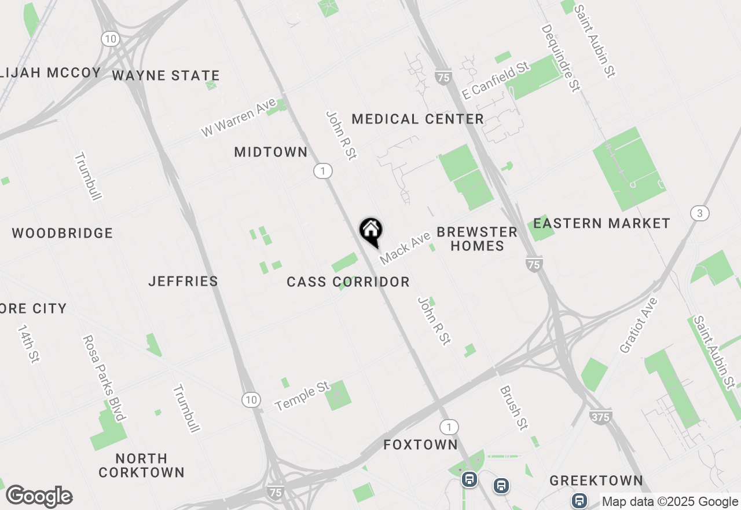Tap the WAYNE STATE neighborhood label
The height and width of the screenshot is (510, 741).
click(166, 75)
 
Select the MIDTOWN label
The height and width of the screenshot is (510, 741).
click(271, 152)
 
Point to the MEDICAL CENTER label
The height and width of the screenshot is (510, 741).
click(417, 119)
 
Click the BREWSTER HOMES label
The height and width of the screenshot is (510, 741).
click(477, 239)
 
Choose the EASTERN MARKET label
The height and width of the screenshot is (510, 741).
click(601, 223)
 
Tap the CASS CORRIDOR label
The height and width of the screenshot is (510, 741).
click(348, 282)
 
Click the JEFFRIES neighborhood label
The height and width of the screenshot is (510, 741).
click(183, 281)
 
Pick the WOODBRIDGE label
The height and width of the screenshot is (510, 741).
click(63, 234)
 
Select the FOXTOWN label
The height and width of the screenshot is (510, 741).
click(421, 445)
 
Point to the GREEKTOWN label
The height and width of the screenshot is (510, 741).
click(596, 480)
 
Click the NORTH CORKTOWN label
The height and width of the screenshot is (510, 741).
click(141, 465)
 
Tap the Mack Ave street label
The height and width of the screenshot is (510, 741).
click(406, 248)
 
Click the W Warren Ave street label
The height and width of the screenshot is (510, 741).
click(238, 118)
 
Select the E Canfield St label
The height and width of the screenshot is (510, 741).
click(496, 80)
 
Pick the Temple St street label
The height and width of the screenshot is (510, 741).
click(302, 396)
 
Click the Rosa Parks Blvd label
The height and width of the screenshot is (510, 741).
click(104, 377)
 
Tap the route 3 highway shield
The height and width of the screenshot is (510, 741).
click(700, 213)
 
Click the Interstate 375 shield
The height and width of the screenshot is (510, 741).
click(601, 416)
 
